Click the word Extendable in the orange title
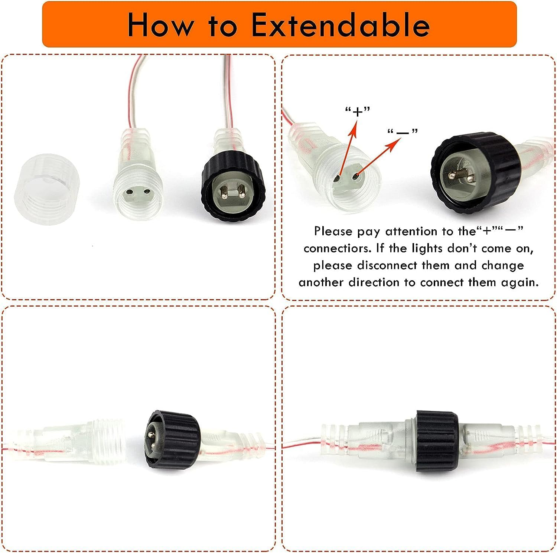[x=341, y=25]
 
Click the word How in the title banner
[x=160, y=25]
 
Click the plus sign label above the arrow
[x=358, y=111]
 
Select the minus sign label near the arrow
[x=403, y=132]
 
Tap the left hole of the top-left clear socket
[x=129, y=192]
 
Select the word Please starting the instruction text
[x=333, y=232]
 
